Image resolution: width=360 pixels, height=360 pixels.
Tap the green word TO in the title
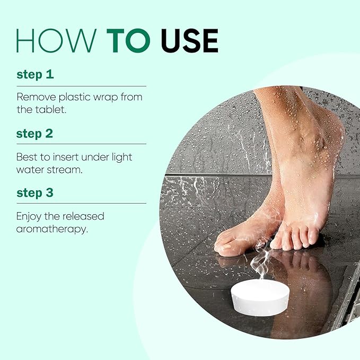(x=128, y=41)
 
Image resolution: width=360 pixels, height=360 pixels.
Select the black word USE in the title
(x=190, y=41)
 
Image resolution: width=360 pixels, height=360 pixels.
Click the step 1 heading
(x=35, y=74)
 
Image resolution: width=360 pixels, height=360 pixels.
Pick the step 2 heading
(x=34, y=134)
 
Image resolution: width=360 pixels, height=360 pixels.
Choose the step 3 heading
(x=35, y=192)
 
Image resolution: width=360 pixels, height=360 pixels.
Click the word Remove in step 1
(x=36, y=97)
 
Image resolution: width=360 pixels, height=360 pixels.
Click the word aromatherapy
(x=52, y=230)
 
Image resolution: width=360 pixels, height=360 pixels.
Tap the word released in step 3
(x=83, y=216)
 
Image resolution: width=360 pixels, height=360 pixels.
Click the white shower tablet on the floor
(x=260, y=297)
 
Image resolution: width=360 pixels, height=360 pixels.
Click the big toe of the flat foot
(x=226, y=249)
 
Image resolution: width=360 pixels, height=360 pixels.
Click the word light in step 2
(x=122, y=157)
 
